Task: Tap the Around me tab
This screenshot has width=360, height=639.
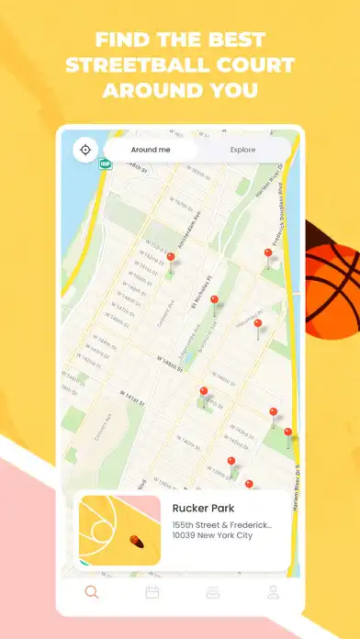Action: (x=150, y=150)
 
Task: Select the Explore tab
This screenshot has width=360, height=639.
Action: (x=243, y=150)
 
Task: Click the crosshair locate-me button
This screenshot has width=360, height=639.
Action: (x=85, y=150)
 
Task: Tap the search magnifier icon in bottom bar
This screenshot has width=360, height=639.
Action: (x=91, y=592)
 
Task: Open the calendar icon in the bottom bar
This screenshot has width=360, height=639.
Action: (x=152, y=592)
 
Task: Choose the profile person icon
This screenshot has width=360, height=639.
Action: (x=273, y=592)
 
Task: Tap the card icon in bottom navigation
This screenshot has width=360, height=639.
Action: (x=212, y=592)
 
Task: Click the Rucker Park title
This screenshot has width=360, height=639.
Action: (x=203, y=508)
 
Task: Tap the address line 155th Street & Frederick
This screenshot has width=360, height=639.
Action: (x=223, y=525)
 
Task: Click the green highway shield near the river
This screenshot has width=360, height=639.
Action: (x=104, y=164)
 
